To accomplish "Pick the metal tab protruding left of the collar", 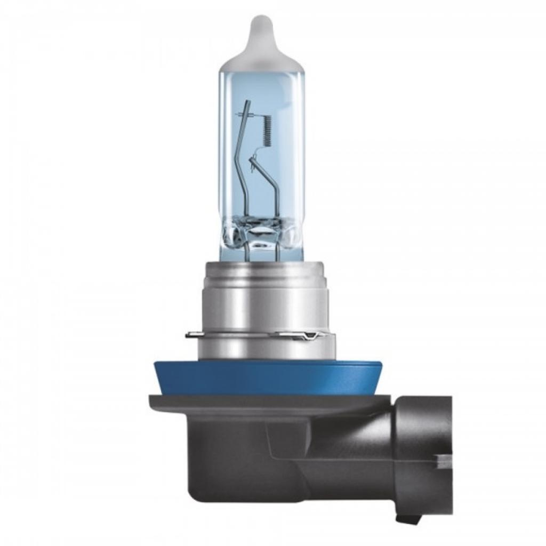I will pos(193,335).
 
